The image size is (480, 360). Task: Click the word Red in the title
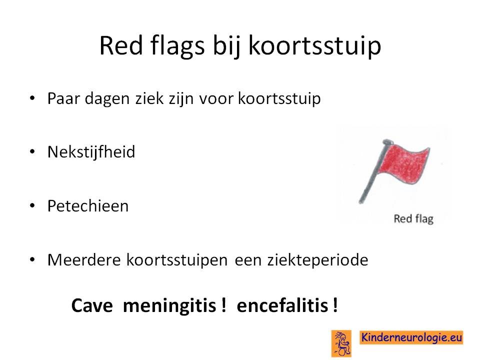point(121,45)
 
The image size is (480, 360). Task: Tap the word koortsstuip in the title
point(314,46)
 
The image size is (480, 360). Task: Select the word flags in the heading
point(177,46)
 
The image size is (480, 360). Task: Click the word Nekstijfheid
point(91,152)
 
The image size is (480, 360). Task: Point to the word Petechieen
point(88,205)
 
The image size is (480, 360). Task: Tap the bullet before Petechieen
point(32,205)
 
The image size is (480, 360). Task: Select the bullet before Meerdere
point(32,259)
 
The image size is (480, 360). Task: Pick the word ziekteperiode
point(318,260)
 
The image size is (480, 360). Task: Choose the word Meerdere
point(84,259)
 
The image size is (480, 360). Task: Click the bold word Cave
point(92,305)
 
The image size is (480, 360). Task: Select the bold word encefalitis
point(282,305)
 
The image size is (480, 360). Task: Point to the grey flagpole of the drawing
point(373,171)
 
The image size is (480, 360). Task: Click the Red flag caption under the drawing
point(413,219)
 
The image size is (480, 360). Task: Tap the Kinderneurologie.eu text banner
point(411,337)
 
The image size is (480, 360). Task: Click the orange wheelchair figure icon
point(341,343)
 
